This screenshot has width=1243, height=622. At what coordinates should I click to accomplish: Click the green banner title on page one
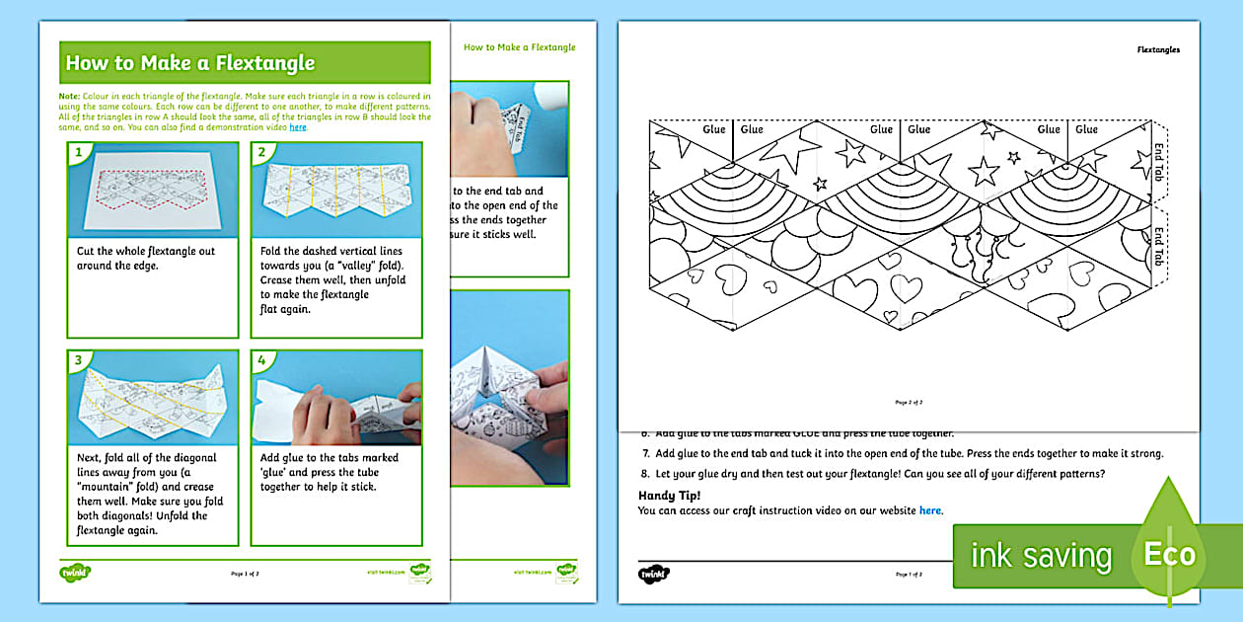coord(189,63)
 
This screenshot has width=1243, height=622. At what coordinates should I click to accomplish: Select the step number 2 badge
coord(261,152)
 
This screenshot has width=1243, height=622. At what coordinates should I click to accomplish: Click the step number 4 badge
coord(261,359)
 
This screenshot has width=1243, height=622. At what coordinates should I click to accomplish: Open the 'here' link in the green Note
coord(298,127)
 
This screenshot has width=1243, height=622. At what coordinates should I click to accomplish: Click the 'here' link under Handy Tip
coord(929,510)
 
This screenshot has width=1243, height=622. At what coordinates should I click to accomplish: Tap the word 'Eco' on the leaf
coord(1169,555)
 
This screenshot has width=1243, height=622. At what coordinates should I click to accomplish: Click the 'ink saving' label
coord(1041,556)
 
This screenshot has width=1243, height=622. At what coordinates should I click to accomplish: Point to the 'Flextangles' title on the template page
coord(1157,49)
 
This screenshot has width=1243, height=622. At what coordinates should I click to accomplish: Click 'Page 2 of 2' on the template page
coord(909,403)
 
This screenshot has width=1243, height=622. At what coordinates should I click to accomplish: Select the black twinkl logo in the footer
coord(653,574)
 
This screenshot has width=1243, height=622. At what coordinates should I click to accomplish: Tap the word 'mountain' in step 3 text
coord(111,487)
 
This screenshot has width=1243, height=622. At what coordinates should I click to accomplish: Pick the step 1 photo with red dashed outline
coord(152,190)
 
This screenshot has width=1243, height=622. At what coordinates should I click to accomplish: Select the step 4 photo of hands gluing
coord(335,397)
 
